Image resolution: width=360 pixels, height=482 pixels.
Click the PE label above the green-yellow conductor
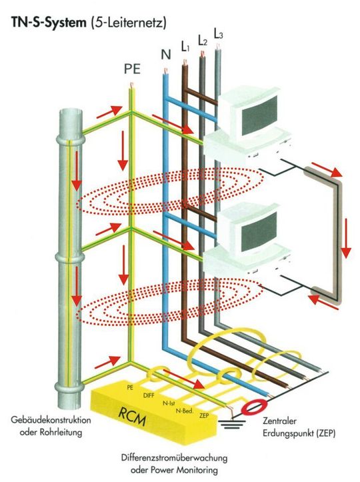pyautogui.click(x=132, y=68)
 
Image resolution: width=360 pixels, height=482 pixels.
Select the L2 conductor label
pyautogui.click(x=203, y=41)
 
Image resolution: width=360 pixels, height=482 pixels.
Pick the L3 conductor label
pyautogui.click(x=219, y=33)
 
